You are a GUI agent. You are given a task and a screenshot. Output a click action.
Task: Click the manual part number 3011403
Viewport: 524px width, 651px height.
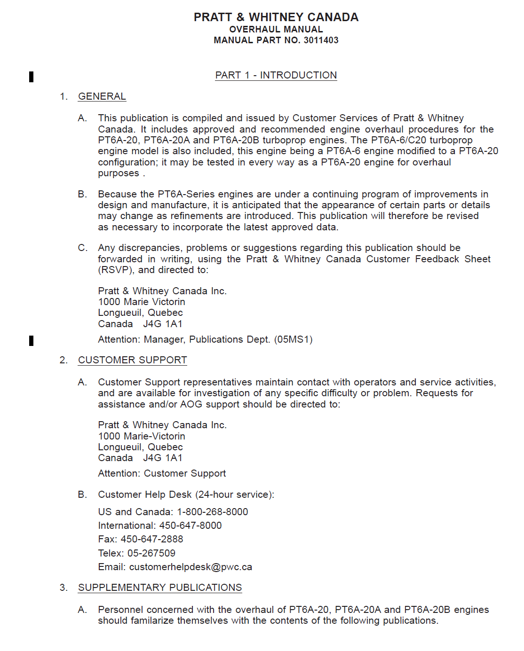[x=321, y=40]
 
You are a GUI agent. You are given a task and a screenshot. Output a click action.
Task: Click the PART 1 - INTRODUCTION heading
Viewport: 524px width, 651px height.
[x=276, y=75]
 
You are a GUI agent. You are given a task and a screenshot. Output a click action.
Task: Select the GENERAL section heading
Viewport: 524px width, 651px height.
[x=102, y=96]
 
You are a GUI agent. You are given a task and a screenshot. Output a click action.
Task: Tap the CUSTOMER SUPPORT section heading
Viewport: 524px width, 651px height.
[x=133, y=360]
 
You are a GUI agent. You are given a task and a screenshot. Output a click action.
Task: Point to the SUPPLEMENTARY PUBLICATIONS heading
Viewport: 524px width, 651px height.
[x=160, y=588]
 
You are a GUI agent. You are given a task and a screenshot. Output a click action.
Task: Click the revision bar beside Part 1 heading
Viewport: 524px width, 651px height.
[x=32, y=76]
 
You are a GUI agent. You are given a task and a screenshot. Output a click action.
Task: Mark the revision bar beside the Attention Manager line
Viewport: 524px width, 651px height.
[x=32, y=340]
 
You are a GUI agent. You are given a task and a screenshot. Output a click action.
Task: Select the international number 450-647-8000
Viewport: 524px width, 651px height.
[x=191, y=526]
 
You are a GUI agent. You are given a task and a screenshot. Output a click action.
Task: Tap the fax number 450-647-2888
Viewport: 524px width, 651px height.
[x=152, y=539]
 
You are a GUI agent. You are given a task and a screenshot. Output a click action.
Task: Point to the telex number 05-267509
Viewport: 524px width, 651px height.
[x=151, y=553]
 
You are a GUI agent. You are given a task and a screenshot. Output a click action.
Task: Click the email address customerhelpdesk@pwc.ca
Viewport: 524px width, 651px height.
[x=191, y=567]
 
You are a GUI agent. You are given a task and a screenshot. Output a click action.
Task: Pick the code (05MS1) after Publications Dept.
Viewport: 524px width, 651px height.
[x=294, y=339]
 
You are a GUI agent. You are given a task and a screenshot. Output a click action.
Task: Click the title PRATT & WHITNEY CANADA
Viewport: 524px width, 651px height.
[x=276, y=17]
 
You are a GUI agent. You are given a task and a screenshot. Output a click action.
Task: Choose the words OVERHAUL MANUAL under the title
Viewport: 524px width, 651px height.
[x=276, y=29]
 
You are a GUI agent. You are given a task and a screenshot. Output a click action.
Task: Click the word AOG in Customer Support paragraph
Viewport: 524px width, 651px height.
[x=191, y=404]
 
